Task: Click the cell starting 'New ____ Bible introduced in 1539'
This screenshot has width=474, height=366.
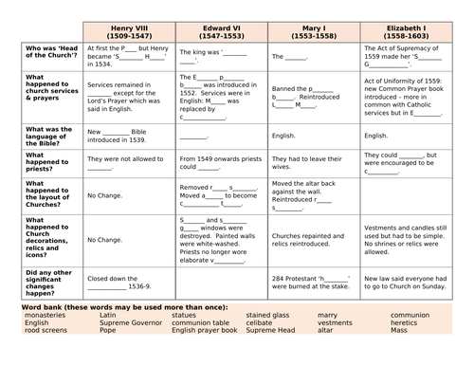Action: (x=129, y=135)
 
